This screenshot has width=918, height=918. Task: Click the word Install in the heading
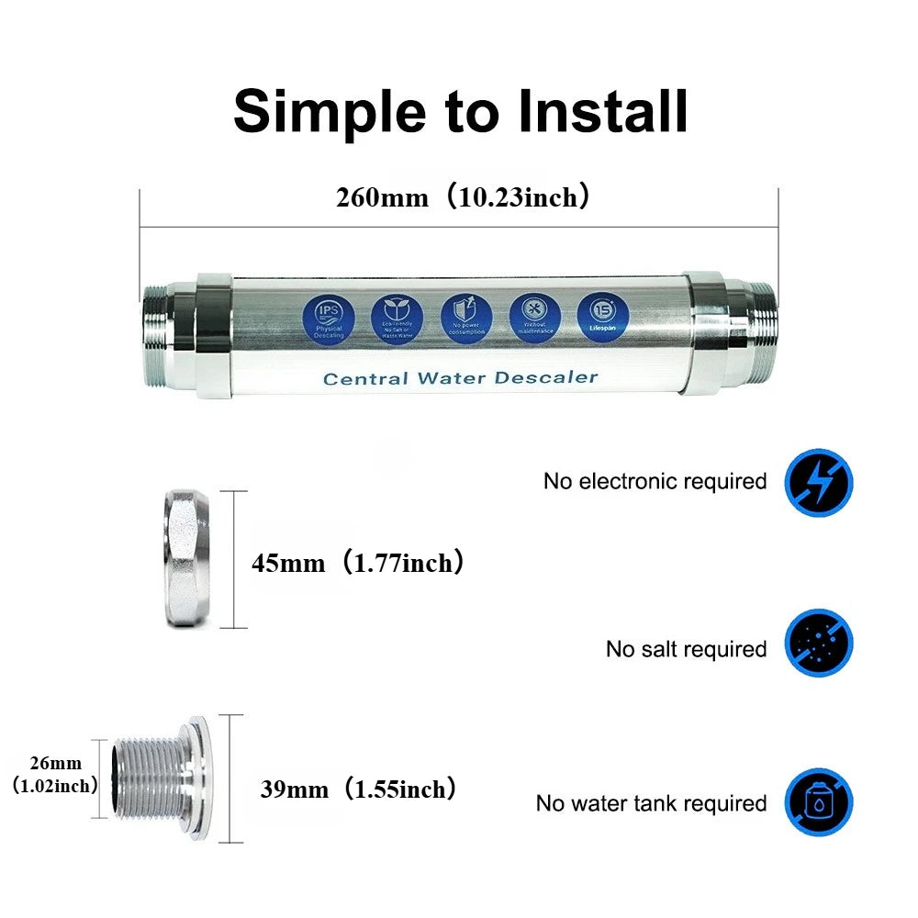click(603, 111)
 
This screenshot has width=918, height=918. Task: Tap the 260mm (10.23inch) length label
click(462, 197)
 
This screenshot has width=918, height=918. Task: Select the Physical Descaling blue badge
click(328, 315)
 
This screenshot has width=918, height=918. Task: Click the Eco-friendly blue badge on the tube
click(397, 315)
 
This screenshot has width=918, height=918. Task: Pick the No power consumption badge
click(465, 315)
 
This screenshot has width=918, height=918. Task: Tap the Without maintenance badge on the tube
click(534, 315)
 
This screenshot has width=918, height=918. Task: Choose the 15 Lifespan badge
click(603, 315)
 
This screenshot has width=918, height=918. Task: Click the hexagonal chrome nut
click(191, 559)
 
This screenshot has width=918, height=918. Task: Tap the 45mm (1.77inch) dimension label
click(357, 563)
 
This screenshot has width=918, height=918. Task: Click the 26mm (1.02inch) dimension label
click(54, 774)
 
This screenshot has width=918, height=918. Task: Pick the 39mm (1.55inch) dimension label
click(357, 789)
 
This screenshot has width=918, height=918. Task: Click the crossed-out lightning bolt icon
click(819, 482)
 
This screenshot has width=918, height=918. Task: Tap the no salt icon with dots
click(819, 644)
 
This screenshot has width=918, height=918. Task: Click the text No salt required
click(686, 649)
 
